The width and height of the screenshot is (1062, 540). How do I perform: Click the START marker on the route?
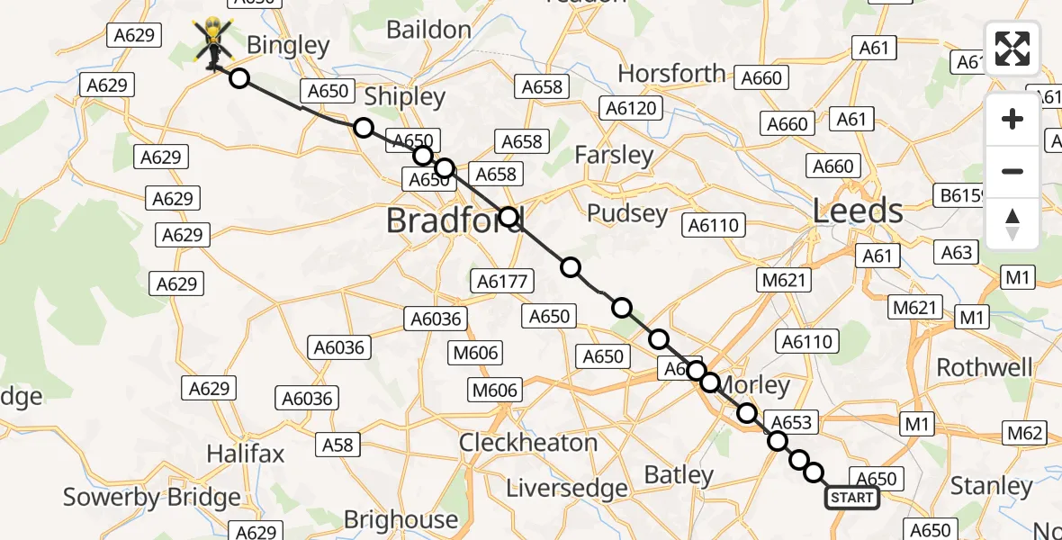851,498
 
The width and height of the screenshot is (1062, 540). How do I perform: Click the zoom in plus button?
1012,119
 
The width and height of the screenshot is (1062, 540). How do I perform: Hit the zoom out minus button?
1012,171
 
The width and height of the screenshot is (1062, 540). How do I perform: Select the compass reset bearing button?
1012,223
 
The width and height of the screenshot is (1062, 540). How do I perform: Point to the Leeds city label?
858,211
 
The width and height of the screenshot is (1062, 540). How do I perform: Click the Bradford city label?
454,220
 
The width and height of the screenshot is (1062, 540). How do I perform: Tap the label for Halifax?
245,454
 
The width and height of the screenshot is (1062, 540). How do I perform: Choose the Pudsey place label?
627,214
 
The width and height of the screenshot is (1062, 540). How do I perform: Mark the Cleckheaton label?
528,443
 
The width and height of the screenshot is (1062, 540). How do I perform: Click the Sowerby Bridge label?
152,497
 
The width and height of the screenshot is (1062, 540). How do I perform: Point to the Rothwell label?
985,367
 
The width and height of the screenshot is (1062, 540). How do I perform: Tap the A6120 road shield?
632,109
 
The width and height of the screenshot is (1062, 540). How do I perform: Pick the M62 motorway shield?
1025,433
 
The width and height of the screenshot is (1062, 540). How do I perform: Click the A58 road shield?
337,444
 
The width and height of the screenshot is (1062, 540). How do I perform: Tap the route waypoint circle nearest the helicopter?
239,78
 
